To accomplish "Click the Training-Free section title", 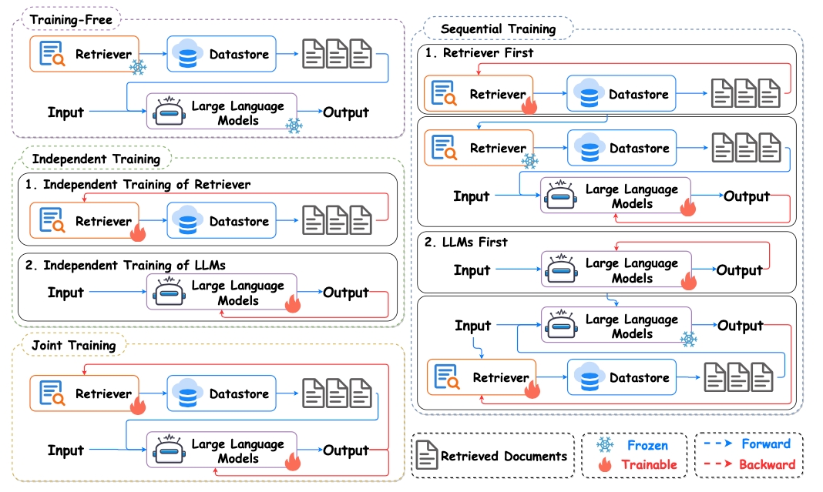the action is tap(71, 20).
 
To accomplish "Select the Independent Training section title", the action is tap(96, 159).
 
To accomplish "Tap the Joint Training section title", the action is tap(73, 345).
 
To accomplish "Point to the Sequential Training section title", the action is tap(498, 28).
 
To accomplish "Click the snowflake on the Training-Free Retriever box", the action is tap(137, 67).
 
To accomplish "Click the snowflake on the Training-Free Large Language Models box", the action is tap(294, 126).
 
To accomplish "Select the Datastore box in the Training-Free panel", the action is tap(221, 53).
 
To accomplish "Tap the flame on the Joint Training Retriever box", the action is tap(138, 404).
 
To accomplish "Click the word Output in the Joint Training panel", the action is tap(346, 450).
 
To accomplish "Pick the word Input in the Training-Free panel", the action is tap(66, 112).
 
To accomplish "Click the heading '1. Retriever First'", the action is tap(479, 52).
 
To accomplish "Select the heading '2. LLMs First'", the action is tap(466, 242).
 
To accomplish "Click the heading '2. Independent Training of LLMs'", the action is tap(126, 265).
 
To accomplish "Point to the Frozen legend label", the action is tap(648, 445).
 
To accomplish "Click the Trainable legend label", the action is tap(650, 464).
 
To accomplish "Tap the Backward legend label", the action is tap(767, 464).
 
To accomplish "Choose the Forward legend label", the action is tap(766, 443).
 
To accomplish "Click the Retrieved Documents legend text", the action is tap(504, 456).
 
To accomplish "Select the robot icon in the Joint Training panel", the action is tap(169, 450).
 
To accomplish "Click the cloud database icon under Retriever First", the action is tap(589, 93).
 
